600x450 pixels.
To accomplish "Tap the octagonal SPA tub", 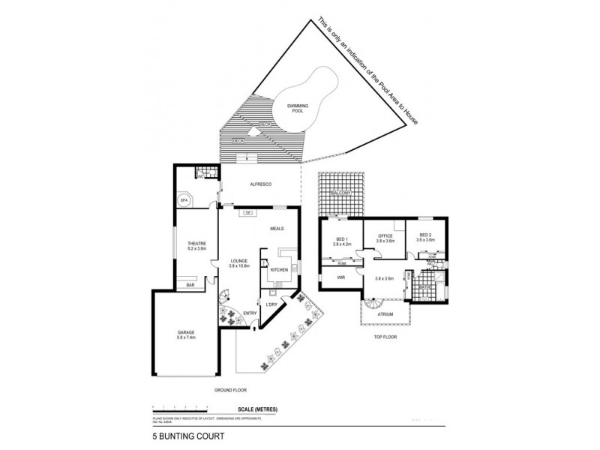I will point(183,200).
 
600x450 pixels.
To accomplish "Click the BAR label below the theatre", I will point(190,286).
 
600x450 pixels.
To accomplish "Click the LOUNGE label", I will point(238,260).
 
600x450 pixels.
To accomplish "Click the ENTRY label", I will point(250,313).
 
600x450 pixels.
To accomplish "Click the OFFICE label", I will point(385,236).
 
